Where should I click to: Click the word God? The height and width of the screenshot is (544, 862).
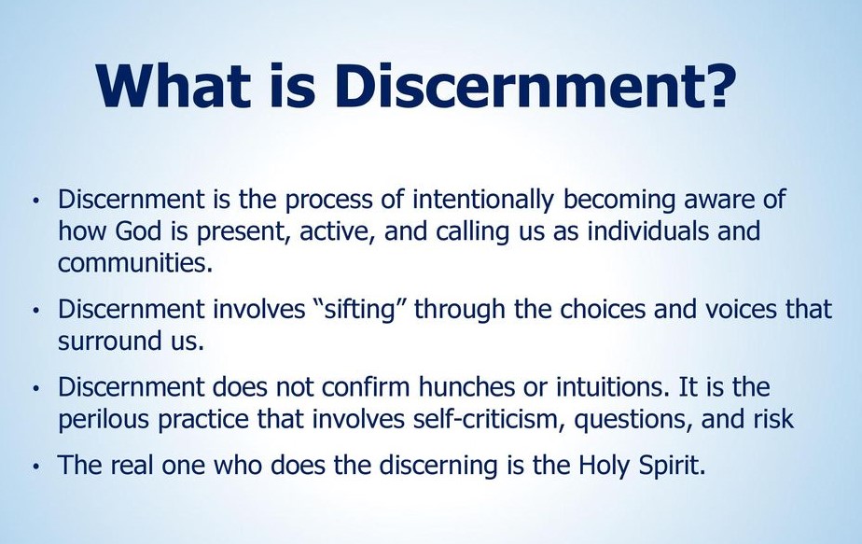point(138,231)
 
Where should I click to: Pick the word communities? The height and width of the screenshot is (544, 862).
point(135,263)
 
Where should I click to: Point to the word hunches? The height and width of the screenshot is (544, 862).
point(469,387)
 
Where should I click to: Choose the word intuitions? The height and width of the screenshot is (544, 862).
point(612,387)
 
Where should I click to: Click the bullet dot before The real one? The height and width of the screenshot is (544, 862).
point(36,467)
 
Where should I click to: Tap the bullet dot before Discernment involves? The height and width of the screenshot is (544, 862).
point(36,312)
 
